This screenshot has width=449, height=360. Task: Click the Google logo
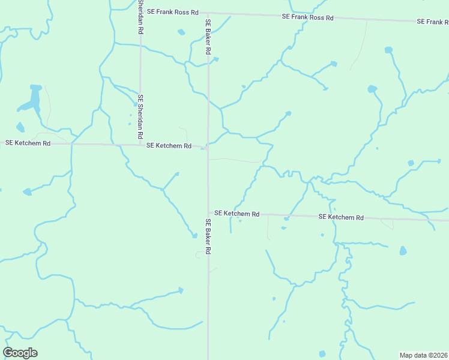pos(20,353)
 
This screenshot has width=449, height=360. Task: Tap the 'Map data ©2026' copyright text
pos(423,355)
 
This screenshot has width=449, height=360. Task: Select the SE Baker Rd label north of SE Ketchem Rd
pos(208,37)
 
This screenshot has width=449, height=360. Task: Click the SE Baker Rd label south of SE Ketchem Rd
pos(208,238)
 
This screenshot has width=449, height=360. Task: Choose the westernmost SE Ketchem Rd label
pos(28,143)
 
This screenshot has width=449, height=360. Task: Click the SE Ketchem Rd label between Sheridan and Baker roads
pos(169,146)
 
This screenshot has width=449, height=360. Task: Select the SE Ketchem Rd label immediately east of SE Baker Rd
pos(237,214)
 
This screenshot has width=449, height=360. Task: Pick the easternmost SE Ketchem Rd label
pos(341,217)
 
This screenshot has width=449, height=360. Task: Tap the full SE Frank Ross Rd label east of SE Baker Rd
pos(307,17)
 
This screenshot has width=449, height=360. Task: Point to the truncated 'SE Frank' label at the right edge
pos(433,22)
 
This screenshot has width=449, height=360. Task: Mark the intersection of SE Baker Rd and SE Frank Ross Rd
pos(208,13)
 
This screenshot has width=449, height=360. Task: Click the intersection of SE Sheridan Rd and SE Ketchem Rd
pos(140,145)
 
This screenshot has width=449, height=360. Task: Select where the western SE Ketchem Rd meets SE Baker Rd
pos(208,147)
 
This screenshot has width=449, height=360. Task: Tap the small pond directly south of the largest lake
pos(20,127)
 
